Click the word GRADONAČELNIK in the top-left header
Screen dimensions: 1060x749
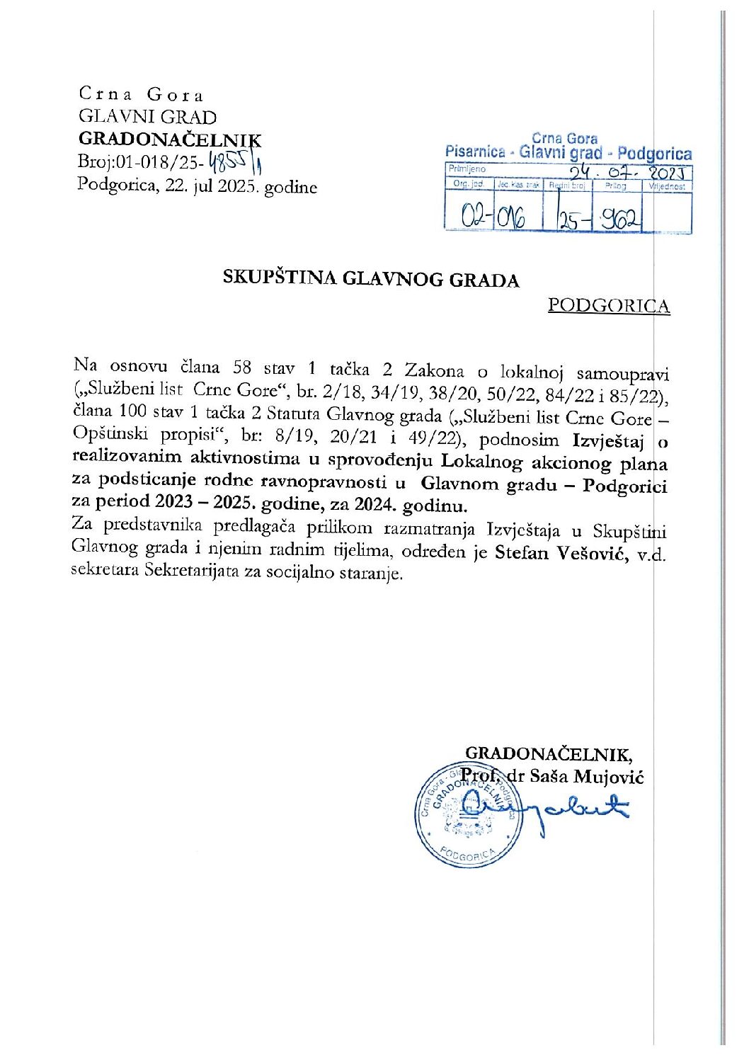(169, 140)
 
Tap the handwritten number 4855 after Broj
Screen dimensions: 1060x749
(231, 164)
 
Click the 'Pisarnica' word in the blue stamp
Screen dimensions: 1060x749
(475, 152)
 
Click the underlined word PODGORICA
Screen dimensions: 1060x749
(609, 306)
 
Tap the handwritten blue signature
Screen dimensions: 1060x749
(560, 807)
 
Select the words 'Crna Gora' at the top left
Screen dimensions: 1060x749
(142, 94)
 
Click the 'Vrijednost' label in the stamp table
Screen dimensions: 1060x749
(667, 186)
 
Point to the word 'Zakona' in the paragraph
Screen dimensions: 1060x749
(434, 370)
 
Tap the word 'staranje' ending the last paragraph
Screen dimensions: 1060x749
(373, 573)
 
